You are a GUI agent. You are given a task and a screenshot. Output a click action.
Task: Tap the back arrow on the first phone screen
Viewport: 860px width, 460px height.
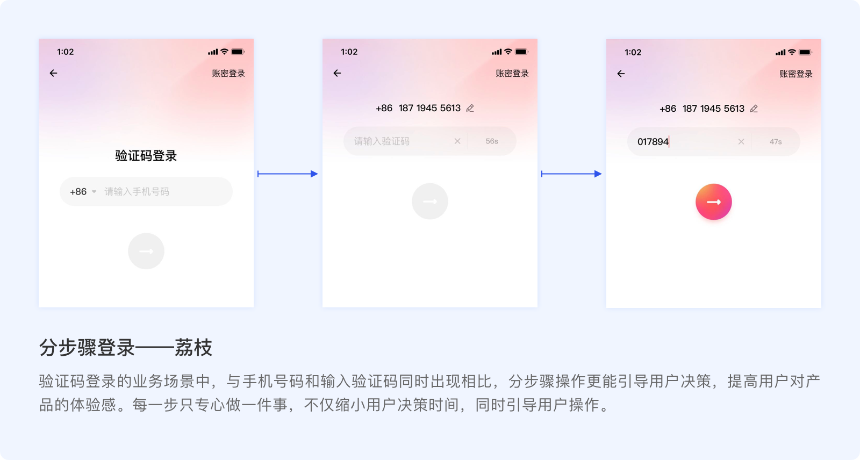click(x=53, y=73)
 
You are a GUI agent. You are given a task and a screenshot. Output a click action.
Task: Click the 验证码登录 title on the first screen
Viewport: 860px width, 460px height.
click(x=146, y=156)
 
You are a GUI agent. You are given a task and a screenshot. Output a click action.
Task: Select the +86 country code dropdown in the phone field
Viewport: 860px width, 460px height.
click(x=83, y=192)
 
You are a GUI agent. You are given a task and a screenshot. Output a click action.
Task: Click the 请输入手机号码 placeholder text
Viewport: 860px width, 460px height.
click(x=137, y=192)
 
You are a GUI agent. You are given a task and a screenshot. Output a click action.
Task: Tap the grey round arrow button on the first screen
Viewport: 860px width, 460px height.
click(x=146, y=251)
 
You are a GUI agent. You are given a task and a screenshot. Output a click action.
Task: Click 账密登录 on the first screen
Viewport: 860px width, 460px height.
click(x=228, y=74)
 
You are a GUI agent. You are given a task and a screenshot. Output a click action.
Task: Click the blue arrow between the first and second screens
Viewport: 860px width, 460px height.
click(x=288, y=174)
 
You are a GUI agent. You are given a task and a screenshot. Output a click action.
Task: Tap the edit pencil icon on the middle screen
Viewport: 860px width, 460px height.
click(x=470, y=109)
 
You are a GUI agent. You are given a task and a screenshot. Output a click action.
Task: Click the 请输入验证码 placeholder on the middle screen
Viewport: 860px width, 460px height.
click(x=382, y=141)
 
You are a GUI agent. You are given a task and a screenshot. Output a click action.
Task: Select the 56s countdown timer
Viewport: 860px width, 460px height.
click(x=492, y=141)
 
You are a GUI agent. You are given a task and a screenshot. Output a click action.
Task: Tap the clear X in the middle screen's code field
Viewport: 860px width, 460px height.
click(x=457, y=141)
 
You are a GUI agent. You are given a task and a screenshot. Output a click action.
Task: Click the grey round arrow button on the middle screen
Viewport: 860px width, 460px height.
click(x=430, y=202)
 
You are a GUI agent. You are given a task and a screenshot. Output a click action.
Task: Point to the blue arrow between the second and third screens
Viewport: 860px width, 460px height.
click(x=571, y=174)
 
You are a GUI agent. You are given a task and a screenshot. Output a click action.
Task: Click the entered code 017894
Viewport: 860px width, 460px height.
click(x=653, y=142)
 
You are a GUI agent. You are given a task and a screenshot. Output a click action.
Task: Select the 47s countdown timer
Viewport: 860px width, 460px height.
click(x=776, y=142)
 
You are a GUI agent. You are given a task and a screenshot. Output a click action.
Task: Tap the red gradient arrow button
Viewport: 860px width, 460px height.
click(x=714, y=202)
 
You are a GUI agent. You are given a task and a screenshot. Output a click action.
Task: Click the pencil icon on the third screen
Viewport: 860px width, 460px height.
click(x=754, y=109)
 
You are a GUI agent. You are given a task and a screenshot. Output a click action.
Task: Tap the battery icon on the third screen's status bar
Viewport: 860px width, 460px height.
click(x=805, y=53)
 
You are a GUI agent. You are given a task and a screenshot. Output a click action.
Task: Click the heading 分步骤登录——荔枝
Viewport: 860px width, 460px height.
click(x=126, y=348)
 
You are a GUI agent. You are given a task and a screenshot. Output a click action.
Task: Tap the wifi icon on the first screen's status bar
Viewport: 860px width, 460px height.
click(x=224, y=52)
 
